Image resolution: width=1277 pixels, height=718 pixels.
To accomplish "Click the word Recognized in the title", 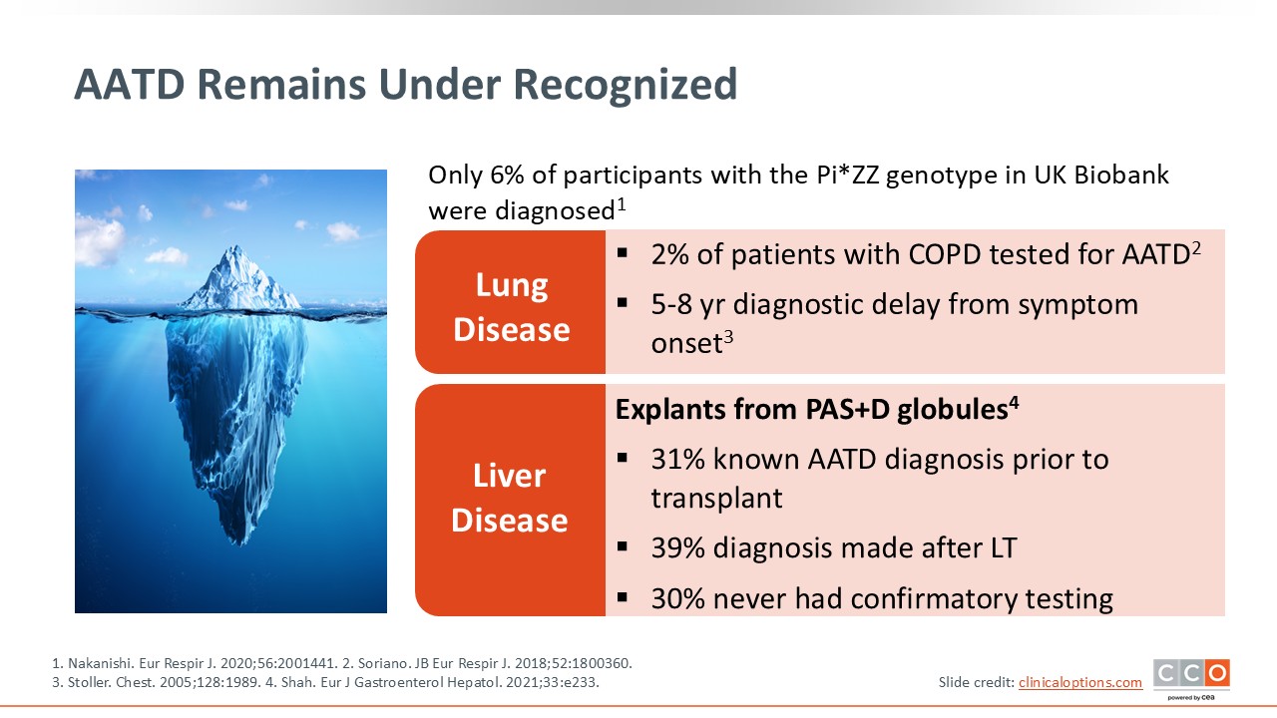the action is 626,85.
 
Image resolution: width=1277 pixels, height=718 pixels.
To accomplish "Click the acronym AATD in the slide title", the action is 130,85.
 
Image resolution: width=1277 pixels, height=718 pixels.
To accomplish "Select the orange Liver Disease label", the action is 511,500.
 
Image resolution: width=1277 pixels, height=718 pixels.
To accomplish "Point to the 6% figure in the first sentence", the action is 507,175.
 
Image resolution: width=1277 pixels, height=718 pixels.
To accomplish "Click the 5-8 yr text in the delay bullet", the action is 688,304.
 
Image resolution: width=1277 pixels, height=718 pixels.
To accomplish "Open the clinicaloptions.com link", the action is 1080,682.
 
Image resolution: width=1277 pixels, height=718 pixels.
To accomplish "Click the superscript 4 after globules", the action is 1014,403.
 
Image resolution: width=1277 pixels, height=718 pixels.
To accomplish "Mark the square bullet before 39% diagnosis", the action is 622,547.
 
